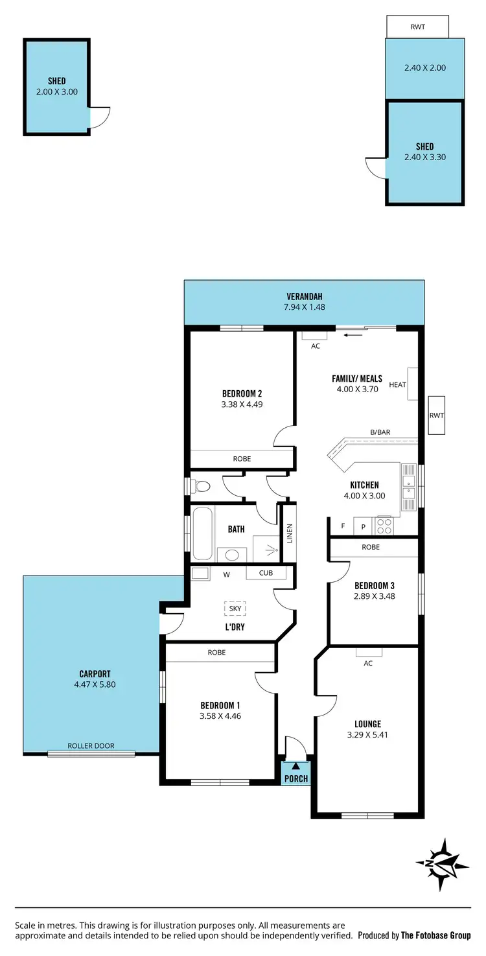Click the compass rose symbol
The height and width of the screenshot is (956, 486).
[x=442, y=864]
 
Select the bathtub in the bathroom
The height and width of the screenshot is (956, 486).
[x=202, y=533]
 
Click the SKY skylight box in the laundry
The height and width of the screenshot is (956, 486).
[x=235, y=608]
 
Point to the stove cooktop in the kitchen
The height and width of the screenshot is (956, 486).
[x=384, y=524]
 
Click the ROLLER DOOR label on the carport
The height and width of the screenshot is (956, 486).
[x=91, y=746]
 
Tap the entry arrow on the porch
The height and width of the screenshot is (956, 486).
[x=296, y=766]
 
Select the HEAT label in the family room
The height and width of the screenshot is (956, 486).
[x=397, y=385]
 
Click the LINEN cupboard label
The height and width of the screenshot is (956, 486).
[x=288, y=533]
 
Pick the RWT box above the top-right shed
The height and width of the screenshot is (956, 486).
[x=417, y=27]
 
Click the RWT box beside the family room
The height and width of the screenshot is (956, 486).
[x=437, y=415]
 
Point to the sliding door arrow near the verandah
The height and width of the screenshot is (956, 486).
[x=353, y=335]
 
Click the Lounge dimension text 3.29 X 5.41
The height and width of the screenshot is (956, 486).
[x=367, y=735]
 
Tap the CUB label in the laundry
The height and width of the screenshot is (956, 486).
[x=266, y=573]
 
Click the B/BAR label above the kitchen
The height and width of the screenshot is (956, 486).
[x=380, y=432]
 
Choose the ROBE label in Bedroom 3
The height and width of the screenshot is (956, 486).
[x=371, y=547]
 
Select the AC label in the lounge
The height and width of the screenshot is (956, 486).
[x=368, y=663]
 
